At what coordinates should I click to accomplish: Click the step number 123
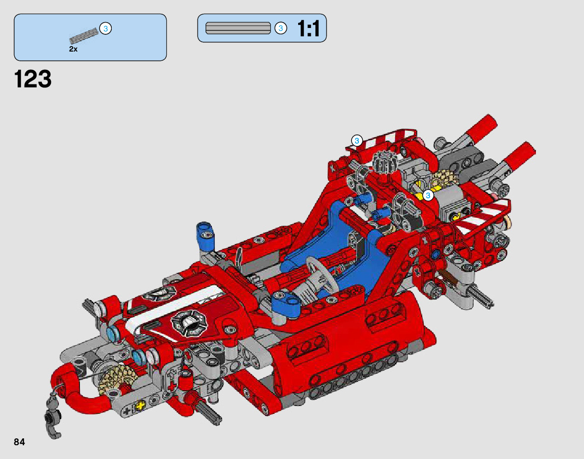(x=33, y=79)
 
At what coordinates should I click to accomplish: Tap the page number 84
(x=19, y=442)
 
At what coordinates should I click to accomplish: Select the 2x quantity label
(x=74, y=49)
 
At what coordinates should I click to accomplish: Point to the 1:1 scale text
(x=308, y=28)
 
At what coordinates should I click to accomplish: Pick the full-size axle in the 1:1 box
(x=238, y=28)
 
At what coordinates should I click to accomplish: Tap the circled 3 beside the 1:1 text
(x=281, y=28)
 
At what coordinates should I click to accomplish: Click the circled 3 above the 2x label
(x=106, y=28)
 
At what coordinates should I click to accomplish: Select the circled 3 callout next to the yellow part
(x=428, y=195)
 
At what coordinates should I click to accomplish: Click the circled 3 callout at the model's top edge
(x=357, y=140)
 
